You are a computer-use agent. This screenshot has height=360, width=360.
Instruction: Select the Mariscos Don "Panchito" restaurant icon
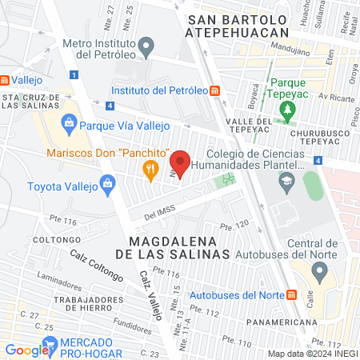coord(149,168)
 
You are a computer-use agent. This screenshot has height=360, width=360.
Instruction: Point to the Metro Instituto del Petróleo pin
coord(146,47)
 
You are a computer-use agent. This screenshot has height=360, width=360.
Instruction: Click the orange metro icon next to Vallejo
coord(6,80)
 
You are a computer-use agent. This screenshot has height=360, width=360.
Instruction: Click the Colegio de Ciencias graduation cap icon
coord(286,182)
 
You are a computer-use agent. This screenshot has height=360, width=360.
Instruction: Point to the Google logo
coord(26,350)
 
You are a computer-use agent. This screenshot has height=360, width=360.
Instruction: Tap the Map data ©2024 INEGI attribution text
coord(311,353)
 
